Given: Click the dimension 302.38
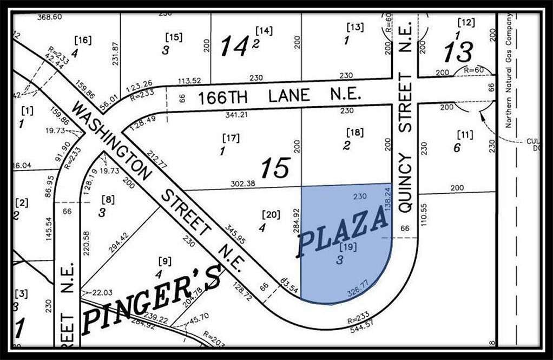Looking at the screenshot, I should (x=242, y=184).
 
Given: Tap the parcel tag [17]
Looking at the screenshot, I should (x=231, y=138).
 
